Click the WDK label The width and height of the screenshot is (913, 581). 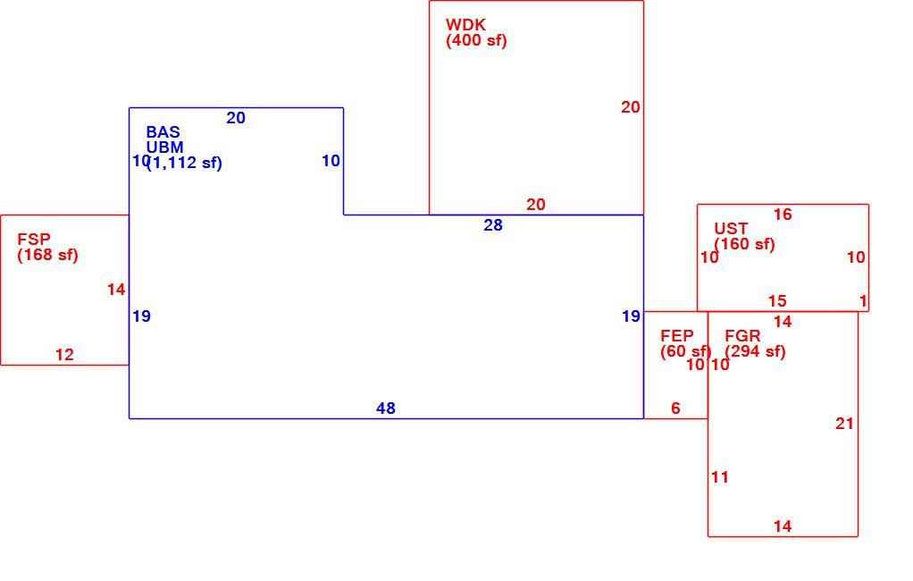465,25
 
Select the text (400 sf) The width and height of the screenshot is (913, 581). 476,41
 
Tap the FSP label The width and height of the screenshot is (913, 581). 34,239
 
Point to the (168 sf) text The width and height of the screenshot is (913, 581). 47,256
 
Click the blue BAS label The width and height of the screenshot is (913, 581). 163,132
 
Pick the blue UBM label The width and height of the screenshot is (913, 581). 164,147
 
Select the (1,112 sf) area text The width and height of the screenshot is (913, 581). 185,164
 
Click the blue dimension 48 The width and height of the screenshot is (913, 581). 386,408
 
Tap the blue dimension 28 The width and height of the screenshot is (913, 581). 493,225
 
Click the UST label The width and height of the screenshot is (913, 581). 731,229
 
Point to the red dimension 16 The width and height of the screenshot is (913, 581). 783,215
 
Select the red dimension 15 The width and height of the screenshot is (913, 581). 777,301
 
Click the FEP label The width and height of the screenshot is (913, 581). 677,336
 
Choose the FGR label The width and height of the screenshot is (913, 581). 743,336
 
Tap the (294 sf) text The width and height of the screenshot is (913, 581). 755,352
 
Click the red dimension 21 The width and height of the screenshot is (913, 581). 845,424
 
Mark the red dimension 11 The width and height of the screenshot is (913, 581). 720,477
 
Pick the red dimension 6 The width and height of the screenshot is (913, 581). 675,408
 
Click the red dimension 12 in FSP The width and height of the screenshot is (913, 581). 64,355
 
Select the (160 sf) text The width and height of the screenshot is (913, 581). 745,244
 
